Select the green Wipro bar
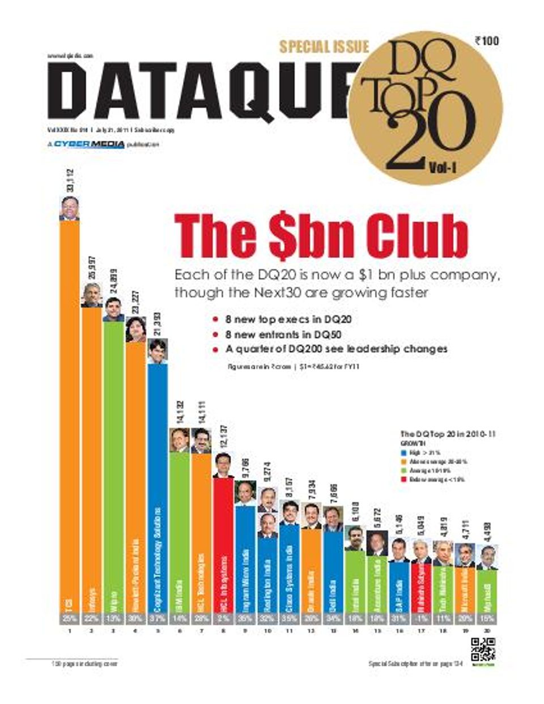(x=113, y=465)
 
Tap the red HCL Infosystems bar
(x=223, y=544)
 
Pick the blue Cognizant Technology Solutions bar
(x=158, y=487)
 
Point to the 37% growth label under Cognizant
(x=158, y=619)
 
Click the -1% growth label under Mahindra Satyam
(x=421, y=619)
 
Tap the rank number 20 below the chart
(x=487, y=631)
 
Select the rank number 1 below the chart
(x=69, y=631)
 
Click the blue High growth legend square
(x=403, y=453)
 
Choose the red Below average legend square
(x=403, y=480)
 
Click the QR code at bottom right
(x=483, y=650)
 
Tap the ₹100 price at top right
(x=487, y=40)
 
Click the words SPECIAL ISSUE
(x=324, y=46)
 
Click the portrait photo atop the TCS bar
(x=69, y=208)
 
